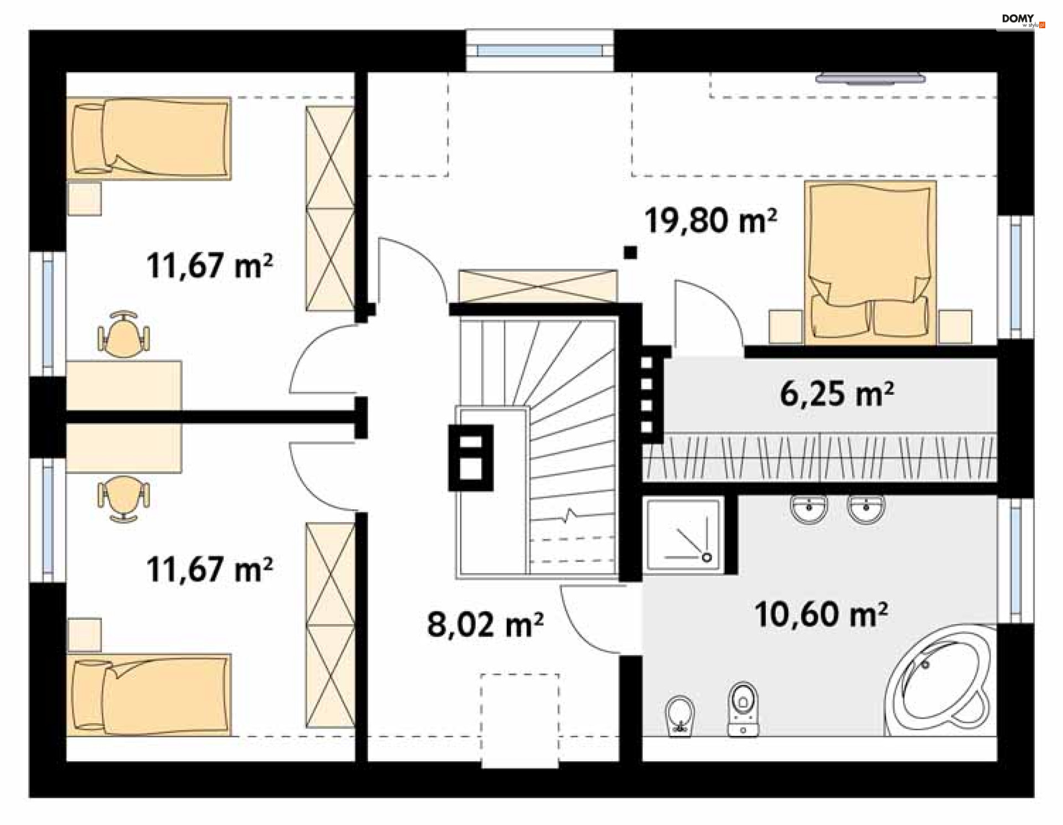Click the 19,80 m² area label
[x=710, y=220]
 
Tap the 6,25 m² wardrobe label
[x=837, y=394]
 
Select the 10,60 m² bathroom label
[x=821, y=615]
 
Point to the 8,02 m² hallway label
[x=485, y=625]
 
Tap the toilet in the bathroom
[x=742, y=709]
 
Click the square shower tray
[x=684, y=535]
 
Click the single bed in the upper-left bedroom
[x=148, y=138]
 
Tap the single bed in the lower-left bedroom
[x=148, y=695]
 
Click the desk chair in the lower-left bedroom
[x=123, y=499]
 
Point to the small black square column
[x=630, y=253]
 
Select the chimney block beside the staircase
[x=471, y=458]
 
